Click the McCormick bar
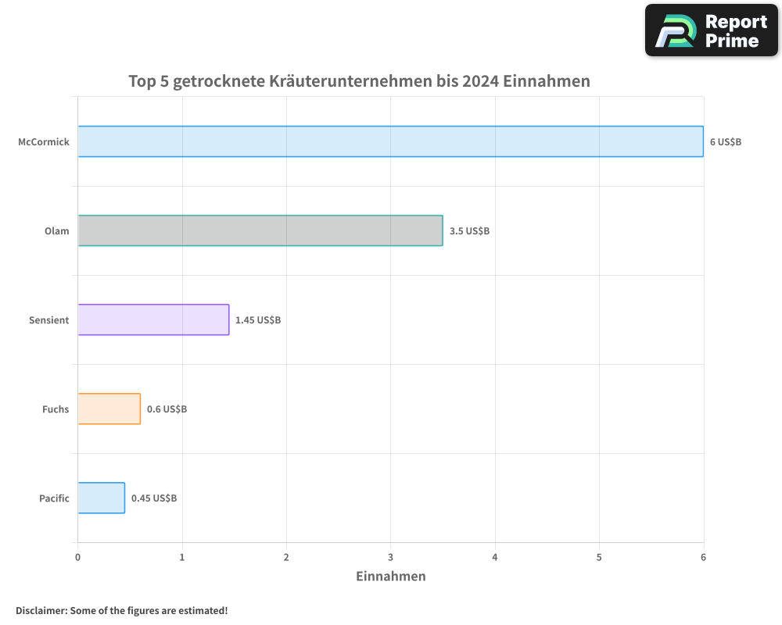(x=390, y=141)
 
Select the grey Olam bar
(x=260, y=230)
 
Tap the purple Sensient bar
(x=153, y=320)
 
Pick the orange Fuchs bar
(x=109, y=409)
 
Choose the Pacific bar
(x=102, y=498)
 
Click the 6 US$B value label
(x=725, y=142)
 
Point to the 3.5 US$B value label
(x=469, y=231)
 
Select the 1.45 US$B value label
(x=258, y=320)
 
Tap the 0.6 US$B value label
(x=167, y=409)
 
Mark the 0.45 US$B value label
(x=154, y=498)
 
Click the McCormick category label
(x=44, y=142)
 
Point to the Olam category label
(x=56, y=231)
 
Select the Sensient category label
(x=49, y=320)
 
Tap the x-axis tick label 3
(x=390, y=557)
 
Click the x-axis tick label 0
(x=77, y=557)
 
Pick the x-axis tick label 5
(x=599, y=557)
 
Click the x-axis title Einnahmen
(x=390, y=577)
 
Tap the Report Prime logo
(x=711, y=30)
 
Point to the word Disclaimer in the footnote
(x=40, y=610)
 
